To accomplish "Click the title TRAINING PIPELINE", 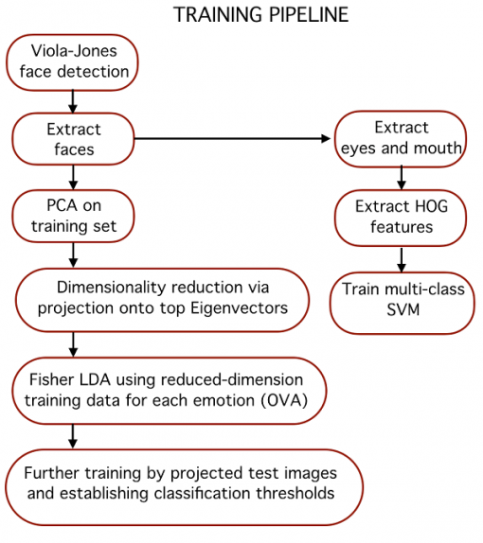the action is (260, 14).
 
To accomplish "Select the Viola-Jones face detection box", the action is (72, 62).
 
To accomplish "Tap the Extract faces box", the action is (73, 139).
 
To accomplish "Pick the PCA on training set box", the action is (73, 216).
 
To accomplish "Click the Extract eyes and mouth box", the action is (401, 138).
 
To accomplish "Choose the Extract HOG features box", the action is (401, 218).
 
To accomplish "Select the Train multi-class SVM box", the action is (402, 303).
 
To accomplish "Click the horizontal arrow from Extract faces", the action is (232, 138).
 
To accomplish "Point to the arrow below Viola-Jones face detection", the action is (73, 101).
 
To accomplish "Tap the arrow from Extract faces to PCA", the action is (73, 177).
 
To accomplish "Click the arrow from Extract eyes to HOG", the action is (402, 178).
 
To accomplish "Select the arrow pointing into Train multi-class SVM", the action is (402, 260).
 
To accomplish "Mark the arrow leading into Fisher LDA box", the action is (73, 344).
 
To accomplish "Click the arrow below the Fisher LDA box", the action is (73, 436).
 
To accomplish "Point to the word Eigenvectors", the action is (240, 308).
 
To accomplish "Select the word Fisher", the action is (52, 379).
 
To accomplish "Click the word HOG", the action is (431, 206).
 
